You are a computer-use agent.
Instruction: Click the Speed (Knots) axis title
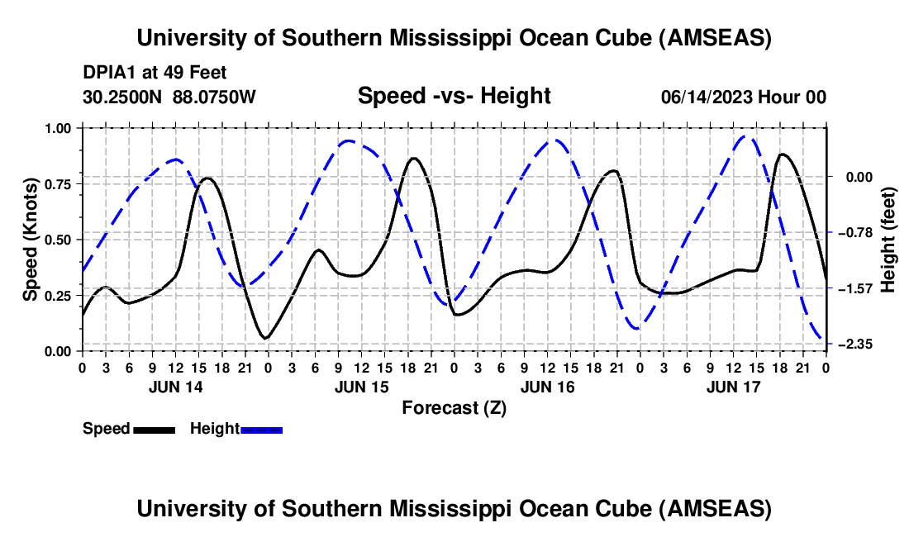tap(31, 240)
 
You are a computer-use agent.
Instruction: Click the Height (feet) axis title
tap(888, 240)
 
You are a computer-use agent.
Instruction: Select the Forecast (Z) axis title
tap(454, 407)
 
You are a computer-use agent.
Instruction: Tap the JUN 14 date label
tap(174, 386)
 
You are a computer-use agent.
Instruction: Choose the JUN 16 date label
tap(546, 386)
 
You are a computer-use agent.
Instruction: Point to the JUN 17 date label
tap(732, 386)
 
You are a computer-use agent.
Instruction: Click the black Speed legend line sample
tap(154, 429)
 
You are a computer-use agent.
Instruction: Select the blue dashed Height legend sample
tap(261, 429)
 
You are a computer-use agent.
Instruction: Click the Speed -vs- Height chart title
tap(454, 96)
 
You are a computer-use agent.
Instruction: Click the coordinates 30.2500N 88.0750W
tap(169, 97)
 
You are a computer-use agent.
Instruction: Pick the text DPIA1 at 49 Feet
tap(155, 73)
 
